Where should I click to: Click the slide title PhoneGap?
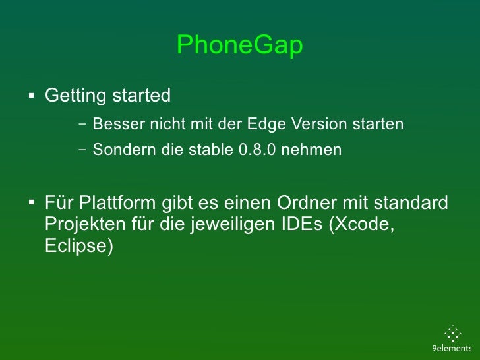click(239, 46)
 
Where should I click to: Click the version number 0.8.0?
click(256, 150)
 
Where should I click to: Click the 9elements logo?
click(452, 340)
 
